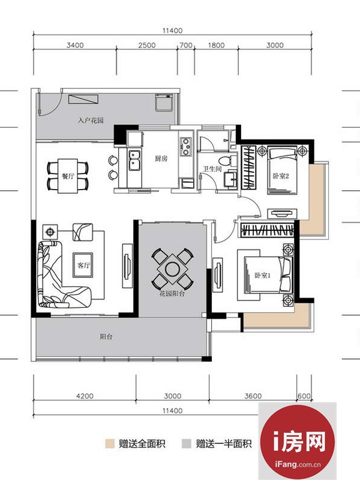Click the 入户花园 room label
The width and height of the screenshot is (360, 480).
click(91, 120)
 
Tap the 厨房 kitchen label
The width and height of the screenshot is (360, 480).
click(161, 158)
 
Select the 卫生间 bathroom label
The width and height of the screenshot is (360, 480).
click(212, 169)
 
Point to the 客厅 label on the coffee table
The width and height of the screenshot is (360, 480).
click(83, 265)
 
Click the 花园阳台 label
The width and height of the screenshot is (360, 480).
click(172, 294)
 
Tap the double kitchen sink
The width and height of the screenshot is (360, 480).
click(134, 160)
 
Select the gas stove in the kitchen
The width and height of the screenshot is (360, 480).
click(185, 146)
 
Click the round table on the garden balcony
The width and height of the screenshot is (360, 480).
click(172, 269)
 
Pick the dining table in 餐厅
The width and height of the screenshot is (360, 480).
click(68, 176)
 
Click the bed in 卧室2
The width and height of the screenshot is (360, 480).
click(282, 170)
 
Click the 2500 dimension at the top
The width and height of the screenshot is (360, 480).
click(147, 46)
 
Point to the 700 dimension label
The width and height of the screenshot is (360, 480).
click(186, 46)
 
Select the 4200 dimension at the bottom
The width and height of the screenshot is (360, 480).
click(85, 396)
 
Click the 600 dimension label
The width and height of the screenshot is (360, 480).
click(304, 396)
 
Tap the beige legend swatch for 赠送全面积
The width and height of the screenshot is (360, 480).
click(110, 443)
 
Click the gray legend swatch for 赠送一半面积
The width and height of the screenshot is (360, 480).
click(186, 443)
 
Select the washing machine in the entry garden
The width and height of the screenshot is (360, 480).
click(164, 103)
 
